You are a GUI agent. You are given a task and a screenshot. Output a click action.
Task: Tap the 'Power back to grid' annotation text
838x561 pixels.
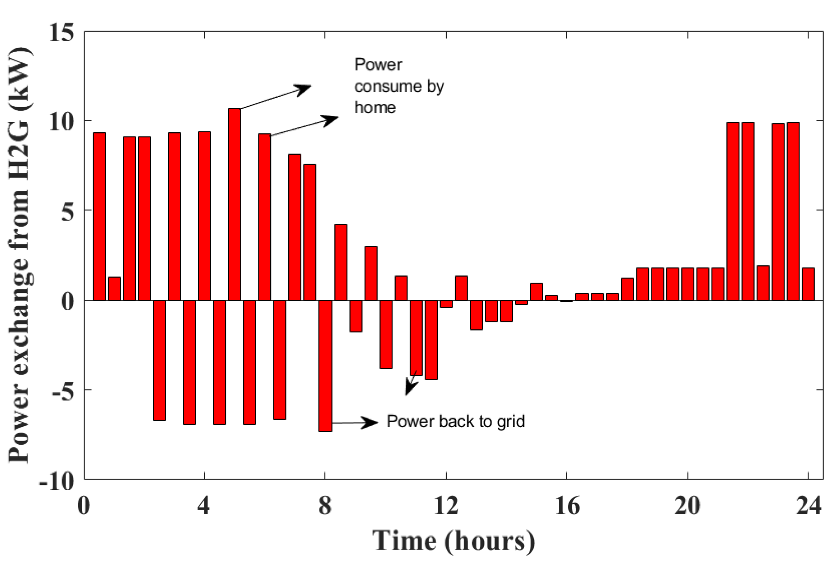click(455, 421)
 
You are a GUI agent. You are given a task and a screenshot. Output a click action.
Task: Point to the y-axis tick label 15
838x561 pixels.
click(61, 33)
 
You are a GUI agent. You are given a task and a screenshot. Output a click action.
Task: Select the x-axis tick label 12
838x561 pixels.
click(446, 506)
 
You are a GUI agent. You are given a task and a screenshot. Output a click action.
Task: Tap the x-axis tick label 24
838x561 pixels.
click(808, 506)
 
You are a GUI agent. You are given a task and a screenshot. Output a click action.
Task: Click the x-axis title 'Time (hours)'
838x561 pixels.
click(453, 541)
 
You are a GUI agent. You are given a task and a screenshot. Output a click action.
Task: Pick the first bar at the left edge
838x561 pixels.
click(99, 216)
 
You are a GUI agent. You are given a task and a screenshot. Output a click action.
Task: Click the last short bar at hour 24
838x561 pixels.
click(808, 284)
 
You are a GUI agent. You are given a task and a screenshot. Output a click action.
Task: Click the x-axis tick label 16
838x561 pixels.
click(567, 506)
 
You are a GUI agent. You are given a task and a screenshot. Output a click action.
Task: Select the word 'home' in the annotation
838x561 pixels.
click(375, 108)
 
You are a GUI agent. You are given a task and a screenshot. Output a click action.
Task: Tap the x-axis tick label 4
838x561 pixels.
click(204, 506)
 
